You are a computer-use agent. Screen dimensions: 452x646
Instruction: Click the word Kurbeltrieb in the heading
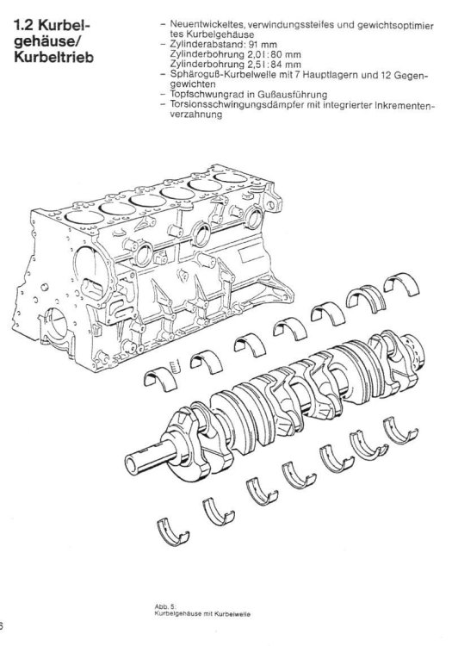pos(54,57)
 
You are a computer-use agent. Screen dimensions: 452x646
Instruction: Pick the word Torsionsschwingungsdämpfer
pos(237,105)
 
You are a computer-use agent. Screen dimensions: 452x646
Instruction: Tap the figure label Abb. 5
pos(165,607)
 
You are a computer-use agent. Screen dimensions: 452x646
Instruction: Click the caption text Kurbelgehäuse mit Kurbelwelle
pos(202,614)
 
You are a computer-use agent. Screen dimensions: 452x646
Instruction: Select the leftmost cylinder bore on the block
pos(84,217)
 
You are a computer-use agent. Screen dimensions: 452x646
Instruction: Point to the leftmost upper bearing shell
pos(160,379)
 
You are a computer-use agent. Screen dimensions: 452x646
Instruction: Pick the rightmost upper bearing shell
pos(401,284)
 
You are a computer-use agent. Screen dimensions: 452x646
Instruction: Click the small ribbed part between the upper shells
pos(176,365)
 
